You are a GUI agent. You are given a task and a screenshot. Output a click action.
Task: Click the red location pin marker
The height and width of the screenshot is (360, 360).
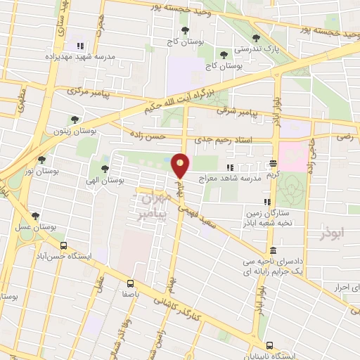(181, 165)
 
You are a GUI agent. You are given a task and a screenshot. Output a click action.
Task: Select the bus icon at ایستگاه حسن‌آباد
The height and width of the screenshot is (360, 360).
(64, 246)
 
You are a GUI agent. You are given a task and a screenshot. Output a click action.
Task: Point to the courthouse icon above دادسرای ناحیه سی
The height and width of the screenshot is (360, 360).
(272, 250)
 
